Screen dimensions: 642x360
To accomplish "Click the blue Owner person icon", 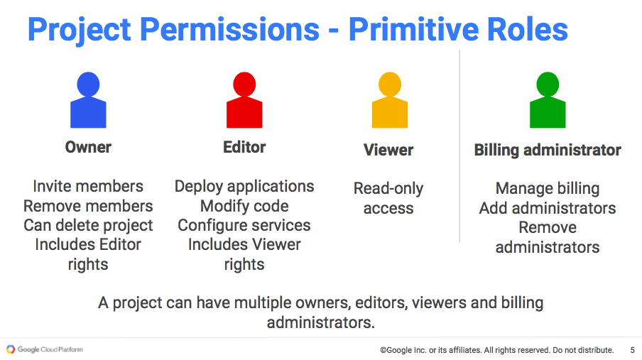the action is pos(88,100).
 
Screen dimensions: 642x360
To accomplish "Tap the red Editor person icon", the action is pos(244,100).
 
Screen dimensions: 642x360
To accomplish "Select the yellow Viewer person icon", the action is pos(390,100).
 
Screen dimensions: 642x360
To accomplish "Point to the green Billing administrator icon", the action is pos(548,100).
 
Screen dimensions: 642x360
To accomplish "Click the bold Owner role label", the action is pos(88,147).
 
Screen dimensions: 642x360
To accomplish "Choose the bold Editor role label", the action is pos(244,147).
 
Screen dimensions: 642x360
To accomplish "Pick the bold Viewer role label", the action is pos(388,150).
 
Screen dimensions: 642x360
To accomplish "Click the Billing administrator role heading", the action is pos(548,151).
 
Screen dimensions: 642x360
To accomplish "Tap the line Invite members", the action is pos(88,186).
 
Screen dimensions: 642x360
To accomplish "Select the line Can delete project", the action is pos(88,226).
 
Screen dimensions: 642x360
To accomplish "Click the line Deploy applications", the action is pos(244,187).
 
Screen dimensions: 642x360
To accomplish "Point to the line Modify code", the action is pos(244,206).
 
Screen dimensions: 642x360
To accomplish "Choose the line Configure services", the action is pos(244,226).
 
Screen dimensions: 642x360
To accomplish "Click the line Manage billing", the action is pos(548,189).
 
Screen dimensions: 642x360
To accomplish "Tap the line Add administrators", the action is pos(548,208).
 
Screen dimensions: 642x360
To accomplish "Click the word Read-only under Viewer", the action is pos(388,189).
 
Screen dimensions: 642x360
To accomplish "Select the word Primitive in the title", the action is pos(414,29).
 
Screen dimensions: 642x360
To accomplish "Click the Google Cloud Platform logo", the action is pos(45,349).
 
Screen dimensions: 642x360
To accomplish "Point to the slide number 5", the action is pos(633,350).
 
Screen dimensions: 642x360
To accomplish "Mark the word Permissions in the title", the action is pos(229,29).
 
